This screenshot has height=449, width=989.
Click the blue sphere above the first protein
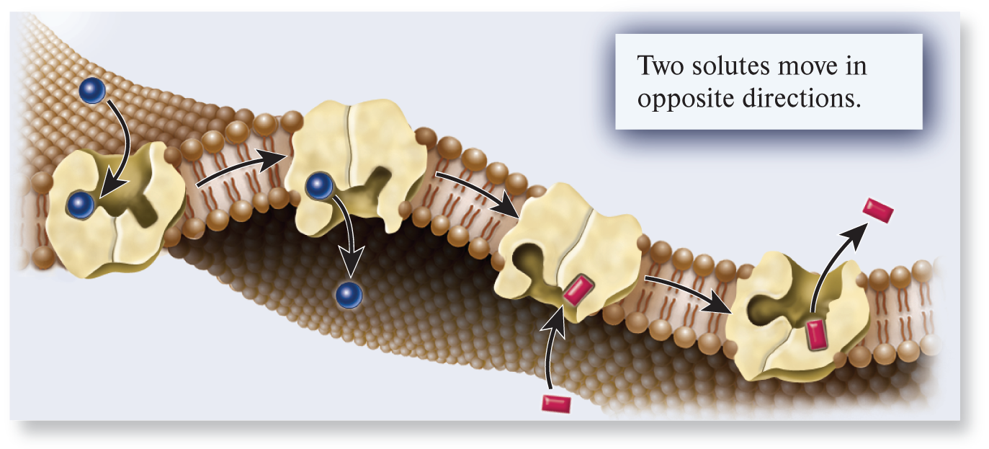click(x=92, y=91)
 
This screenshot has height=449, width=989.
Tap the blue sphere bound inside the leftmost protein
click(x=81, y=205)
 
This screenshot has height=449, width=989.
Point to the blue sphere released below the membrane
click(x=349, y=295)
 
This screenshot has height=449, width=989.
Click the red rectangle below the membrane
click(x=556, y=401)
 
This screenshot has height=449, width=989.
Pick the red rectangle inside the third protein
click(x=576, y=292)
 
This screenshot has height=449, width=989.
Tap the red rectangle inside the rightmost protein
click(x=817, y=335)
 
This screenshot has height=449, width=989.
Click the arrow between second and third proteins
click(x=477, y=192)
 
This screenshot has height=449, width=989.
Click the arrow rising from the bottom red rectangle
click(x=552, y=346)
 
